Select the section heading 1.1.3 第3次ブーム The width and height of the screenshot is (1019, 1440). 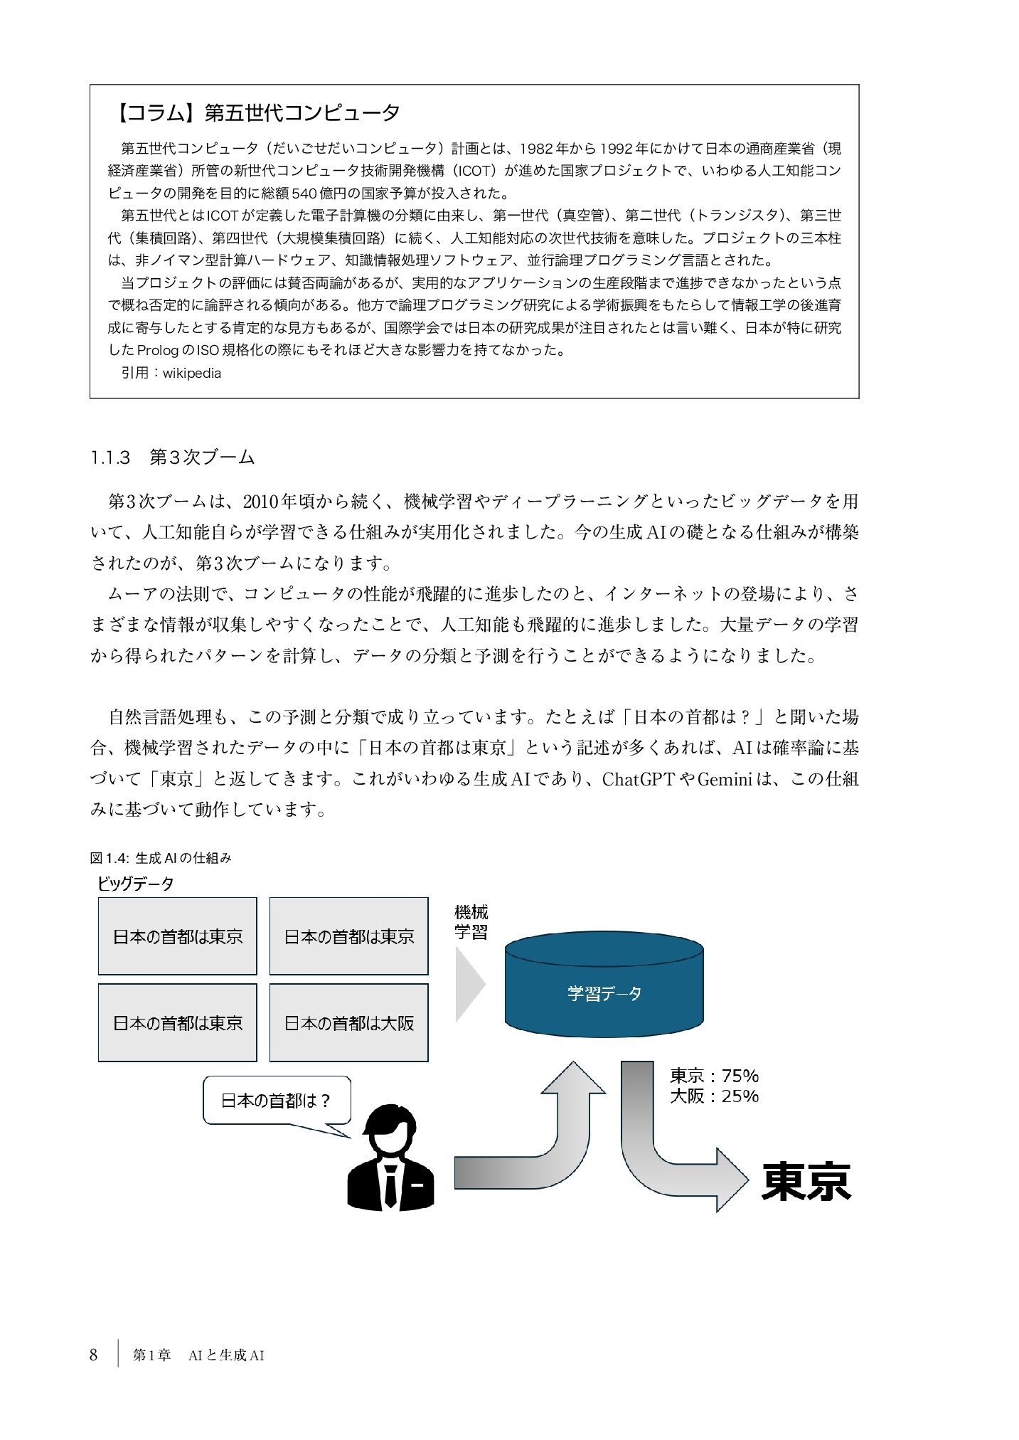[172, 457]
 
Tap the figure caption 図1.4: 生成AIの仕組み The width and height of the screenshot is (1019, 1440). [161, 858]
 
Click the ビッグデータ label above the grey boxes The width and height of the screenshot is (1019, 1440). [136, 884]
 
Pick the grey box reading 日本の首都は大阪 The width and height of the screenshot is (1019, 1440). [348, 1023]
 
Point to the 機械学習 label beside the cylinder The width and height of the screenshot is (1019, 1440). [471, 923]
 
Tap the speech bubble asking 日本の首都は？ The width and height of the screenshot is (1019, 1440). [276, 1121]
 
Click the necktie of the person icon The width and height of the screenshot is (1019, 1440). [390, 1184]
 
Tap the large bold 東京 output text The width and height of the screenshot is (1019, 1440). [806, 1182]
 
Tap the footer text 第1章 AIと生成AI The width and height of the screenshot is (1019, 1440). [198, 1356]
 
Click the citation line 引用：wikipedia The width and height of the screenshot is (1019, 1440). [171, 374]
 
